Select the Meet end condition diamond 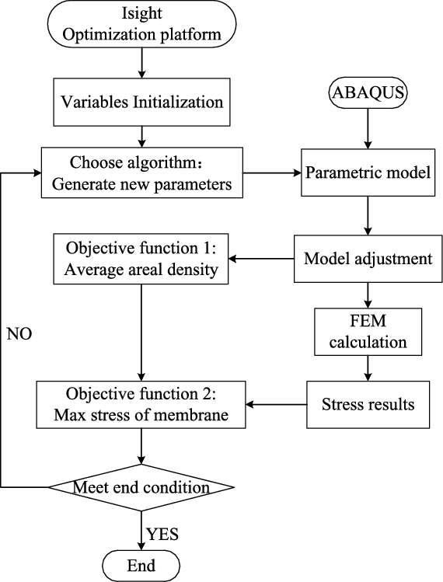coord(141,487)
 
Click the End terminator coord(141,563)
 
